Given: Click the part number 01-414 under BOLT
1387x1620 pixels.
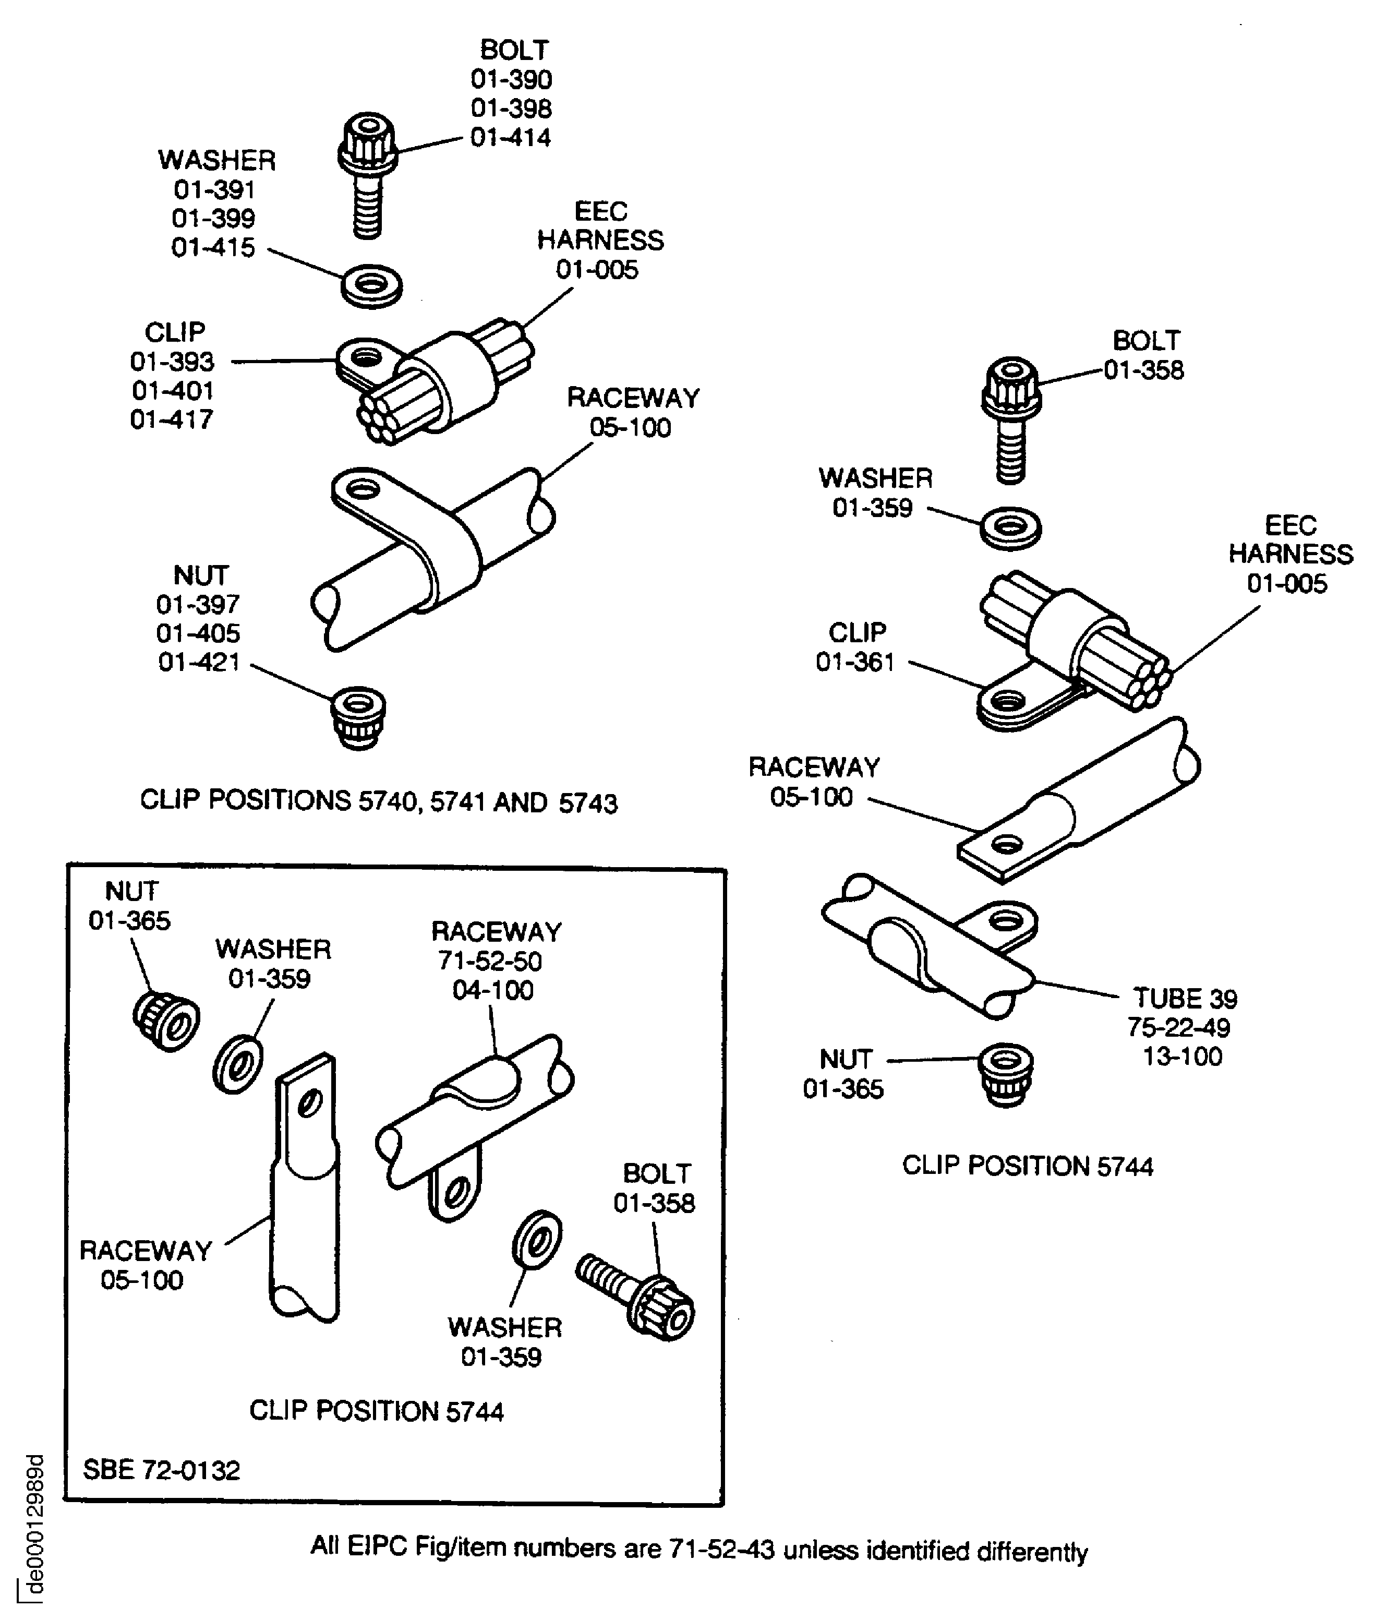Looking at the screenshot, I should [511, 138].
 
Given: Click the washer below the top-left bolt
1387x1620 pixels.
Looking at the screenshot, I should [372, 285].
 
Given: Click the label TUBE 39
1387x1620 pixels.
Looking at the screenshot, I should [1185, 999].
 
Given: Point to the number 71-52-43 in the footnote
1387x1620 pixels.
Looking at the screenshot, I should [721, 1549].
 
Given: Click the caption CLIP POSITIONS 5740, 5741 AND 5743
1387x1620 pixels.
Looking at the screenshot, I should [378, 801].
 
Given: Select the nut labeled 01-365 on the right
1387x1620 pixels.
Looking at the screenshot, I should [1006, 1075].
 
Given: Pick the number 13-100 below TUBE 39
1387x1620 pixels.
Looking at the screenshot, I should [1182, 1057].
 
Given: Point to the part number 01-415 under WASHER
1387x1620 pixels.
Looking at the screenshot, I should [213, 248].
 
